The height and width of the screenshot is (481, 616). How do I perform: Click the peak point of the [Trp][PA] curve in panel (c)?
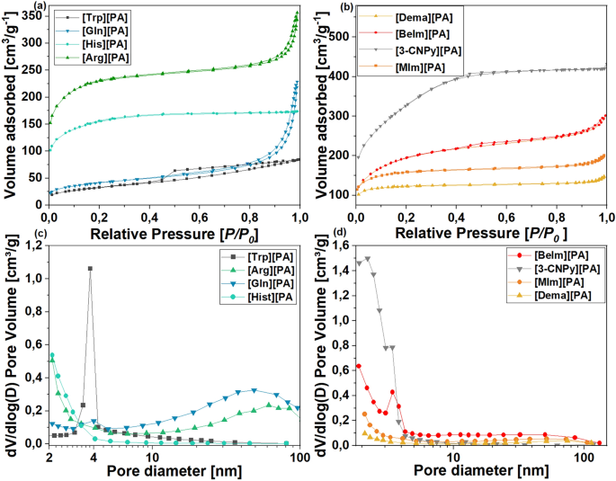pos(90,268)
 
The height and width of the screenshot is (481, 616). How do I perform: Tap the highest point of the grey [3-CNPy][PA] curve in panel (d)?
pos(367,258)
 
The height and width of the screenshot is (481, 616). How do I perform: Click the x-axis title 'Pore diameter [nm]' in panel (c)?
pos(171,471)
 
